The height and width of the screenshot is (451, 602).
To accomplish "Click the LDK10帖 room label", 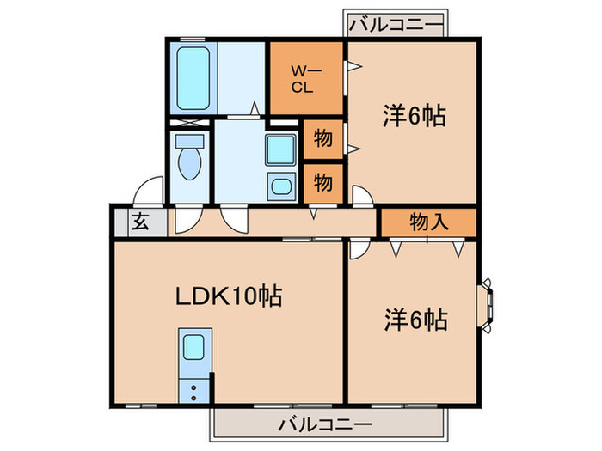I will [x=230, y=298].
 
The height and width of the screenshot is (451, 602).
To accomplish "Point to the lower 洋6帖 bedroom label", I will [x=414, y=320].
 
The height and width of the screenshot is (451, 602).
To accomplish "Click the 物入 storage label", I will [x=428, y=222].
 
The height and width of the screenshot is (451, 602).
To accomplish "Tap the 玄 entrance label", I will [x=138, y=222].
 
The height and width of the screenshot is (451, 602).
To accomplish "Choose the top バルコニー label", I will [x=396, y=22].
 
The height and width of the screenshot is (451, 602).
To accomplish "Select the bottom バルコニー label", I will [x=325, y=424].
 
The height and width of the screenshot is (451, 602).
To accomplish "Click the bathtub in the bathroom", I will [x=195, y=77].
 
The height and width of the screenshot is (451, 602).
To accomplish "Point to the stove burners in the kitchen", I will [x=194, y=392].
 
